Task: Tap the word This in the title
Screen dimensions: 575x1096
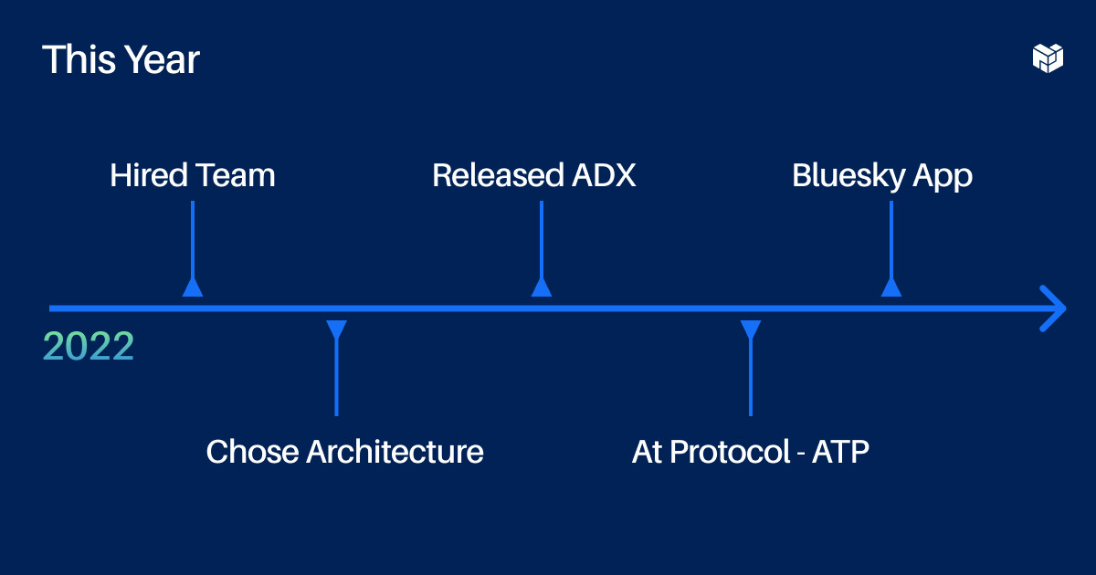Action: [x=76, y=60]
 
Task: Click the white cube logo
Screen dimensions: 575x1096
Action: [x=1048, y=57]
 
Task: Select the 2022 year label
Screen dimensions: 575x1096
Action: [x=89, y=347]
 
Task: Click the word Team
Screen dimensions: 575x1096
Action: [x=236, y=175]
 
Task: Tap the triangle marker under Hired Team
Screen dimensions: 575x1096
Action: [x=193, y=287]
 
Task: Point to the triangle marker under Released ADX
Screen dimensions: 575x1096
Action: [x=542, y=287]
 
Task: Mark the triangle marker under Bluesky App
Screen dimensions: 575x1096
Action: [x=891, y=287]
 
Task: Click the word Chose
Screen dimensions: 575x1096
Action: [x=250, y=452]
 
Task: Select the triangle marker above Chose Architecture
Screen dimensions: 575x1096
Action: [x=337, y=329]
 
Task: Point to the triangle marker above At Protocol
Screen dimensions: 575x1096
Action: [x=751, y=329]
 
